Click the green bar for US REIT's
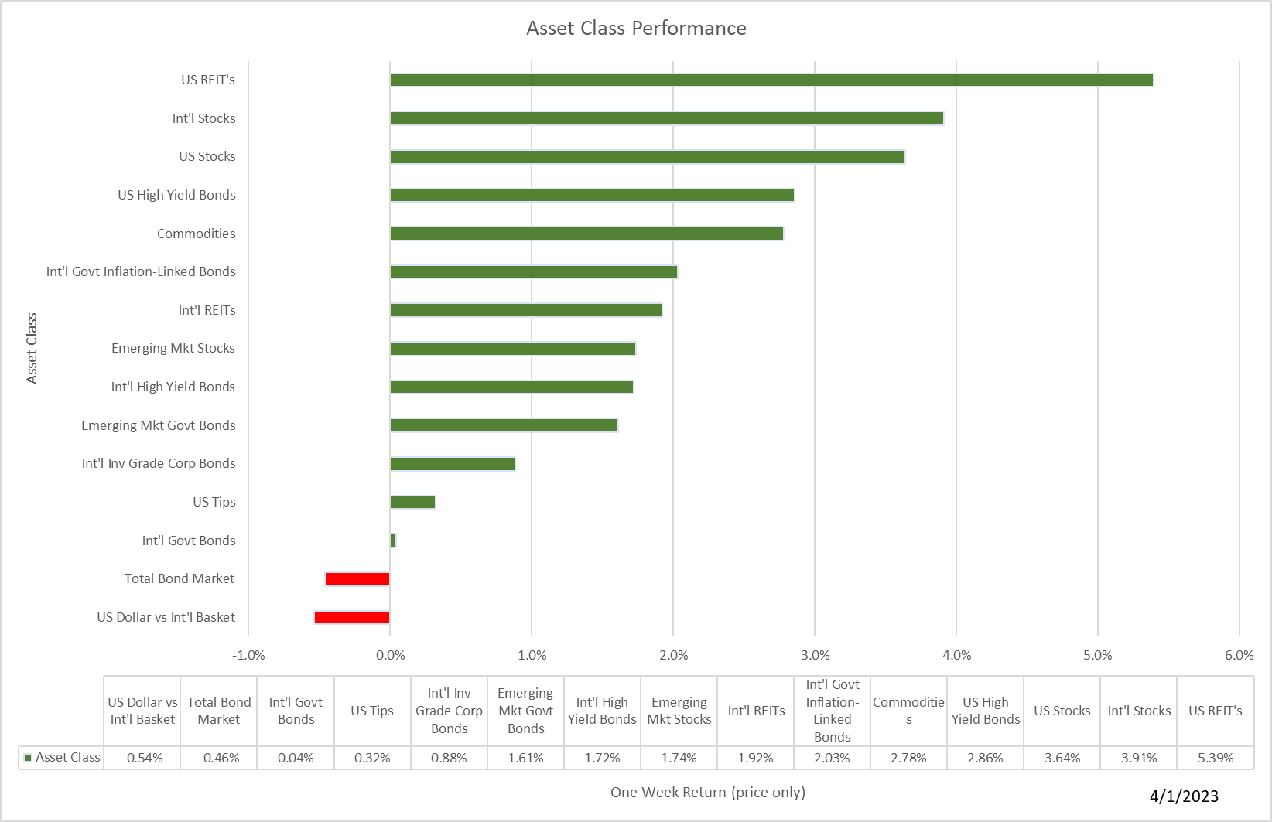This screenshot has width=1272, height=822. tap(771, 80)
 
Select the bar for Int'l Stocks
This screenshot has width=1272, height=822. tap(666, 118)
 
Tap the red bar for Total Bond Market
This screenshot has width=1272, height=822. tap(357, 579)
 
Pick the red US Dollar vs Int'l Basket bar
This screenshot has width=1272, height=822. tap(352, 617)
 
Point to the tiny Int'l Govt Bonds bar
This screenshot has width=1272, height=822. tap(393, 541)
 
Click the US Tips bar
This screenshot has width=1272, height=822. tap(412, 502)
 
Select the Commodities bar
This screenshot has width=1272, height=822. tap(586, 234)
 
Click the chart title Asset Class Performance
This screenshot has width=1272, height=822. tap(636, 29)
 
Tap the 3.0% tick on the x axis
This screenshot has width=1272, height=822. tap(815, 655)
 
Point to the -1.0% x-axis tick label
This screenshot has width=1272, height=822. tap(248, 655)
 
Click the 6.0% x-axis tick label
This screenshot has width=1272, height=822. tap(1239, 655)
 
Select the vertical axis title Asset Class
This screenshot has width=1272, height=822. tap(32, 348)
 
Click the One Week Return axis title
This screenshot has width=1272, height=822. tap(707, 792)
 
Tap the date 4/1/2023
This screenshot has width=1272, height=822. tap(1184, 796)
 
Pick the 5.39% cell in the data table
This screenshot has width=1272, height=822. tap(1216, 758)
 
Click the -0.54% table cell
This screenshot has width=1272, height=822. tap(142, 758)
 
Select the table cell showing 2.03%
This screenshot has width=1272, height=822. tap(832, 758)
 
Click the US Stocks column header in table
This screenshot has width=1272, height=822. tap(1062, 711)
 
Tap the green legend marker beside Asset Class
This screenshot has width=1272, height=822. tap(28, 758)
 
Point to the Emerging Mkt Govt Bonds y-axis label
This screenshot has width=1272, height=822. tap(159, 425)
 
